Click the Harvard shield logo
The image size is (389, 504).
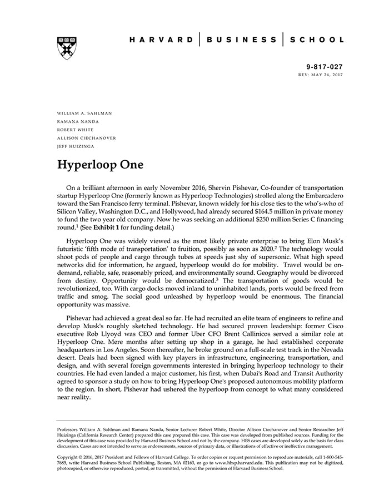coord(67,48)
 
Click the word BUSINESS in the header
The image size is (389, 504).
coord(241,40)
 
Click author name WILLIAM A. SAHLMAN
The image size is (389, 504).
coord(84,113)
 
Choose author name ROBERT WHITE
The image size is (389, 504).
coord(76,130)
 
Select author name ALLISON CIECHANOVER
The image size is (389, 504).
coord(87,137)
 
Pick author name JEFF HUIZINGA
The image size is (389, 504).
coord(77,146)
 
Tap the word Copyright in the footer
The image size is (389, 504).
coord(69,457)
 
